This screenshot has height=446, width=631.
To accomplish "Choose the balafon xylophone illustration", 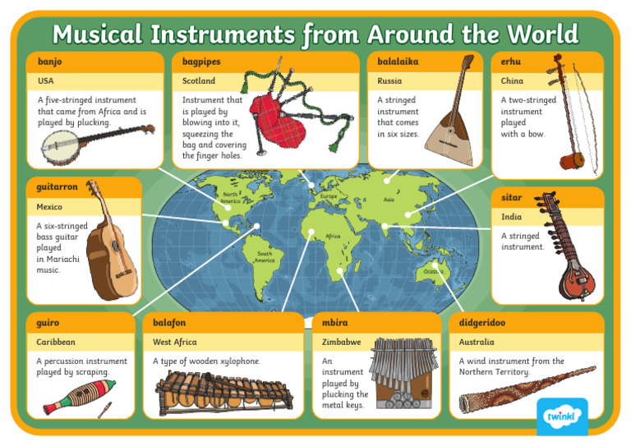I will click(223, 392).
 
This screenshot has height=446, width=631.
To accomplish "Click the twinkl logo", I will click(565, 417).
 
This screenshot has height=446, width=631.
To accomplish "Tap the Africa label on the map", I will click(333, 236).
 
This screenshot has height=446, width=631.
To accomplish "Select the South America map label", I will click(264, 257).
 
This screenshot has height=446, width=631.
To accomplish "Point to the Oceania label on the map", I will click(433, 271).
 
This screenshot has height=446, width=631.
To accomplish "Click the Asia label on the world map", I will click(389, 200).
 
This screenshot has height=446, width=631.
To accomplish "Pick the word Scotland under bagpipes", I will click(199, 81).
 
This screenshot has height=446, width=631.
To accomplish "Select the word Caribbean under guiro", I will click(56, 342).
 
